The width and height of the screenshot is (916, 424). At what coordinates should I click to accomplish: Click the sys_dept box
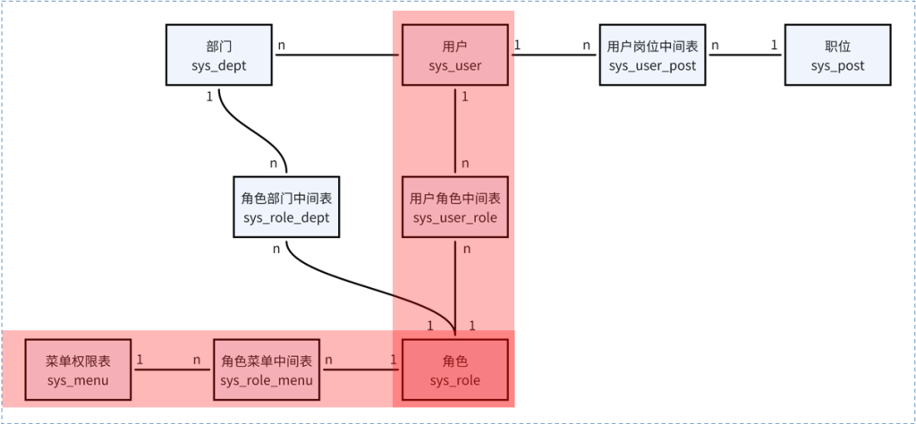tap(219, 55)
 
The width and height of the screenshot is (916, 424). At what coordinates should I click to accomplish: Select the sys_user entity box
tap(455, 55)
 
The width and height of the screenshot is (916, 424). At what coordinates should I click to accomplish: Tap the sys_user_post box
tap(651, 55)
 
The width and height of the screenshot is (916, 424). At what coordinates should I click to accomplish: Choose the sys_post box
tap(837, 55)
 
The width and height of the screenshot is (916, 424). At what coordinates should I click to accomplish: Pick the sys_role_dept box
tap(286, 207)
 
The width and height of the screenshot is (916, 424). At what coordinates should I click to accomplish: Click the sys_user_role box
tap(455, 207)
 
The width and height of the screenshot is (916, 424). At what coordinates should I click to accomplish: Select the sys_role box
tap(455, 369)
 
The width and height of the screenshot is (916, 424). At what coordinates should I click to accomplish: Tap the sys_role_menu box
tap(267, 369)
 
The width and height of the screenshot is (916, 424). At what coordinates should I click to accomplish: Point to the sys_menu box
tap(78, 369)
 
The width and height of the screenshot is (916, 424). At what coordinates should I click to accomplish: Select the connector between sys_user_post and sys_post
tap(745, 55)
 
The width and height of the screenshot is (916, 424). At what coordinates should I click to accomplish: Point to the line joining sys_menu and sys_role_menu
tap(172, 370)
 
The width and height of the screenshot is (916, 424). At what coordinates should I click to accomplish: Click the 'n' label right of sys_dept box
tap(282, 44)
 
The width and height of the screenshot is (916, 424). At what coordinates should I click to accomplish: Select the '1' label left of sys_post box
tap(774, 44)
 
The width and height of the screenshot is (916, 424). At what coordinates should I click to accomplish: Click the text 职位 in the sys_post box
tap(837, 46)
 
